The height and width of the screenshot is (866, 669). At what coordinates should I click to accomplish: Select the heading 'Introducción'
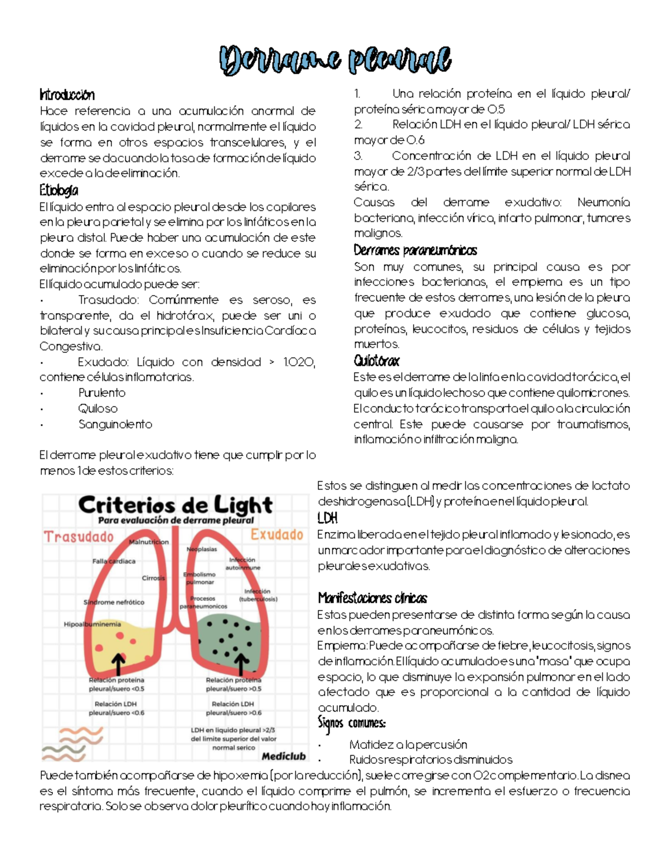(x=67, y=95)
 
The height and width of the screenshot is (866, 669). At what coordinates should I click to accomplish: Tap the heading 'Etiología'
(x=59, y=191)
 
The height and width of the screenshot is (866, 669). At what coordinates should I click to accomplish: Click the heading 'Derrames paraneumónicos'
(x=415, y=250)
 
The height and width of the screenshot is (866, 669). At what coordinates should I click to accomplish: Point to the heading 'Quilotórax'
(x=376, y=361)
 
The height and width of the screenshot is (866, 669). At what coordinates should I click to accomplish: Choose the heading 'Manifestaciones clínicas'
(x=372, y=598)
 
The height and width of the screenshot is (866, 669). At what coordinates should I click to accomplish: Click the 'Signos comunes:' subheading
(x=351, y=723)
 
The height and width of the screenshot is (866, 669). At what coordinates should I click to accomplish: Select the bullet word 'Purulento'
(x=101, y=393)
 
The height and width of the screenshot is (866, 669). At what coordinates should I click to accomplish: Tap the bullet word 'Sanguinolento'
(x=115, y=424)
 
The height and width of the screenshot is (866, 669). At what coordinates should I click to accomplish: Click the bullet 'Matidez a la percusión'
(x=408, y=744)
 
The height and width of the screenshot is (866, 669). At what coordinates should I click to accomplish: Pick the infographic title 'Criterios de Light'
(x=175, y=505)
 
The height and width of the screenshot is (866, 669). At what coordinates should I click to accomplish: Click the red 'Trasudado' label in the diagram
(x=79, y=536)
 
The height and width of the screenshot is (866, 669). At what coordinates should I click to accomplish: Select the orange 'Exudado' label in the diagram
(x=277, y=534)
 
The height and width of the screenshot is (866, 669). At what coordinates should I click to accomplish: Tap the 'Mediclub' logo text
(x=284, y=756)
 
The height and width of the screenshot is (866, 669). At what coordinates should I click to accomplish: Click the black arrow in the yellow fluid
(x=118, y=664)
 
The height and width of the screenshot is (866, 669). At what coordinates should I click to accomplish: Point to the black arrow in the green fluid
(x=241, y=664)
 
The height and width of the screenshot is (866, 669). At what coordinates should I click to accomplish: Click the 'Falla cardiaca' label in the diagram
(x=114, y=561)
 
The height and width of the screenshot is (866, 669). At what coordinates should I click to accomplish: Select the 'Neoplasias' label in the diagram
(x=202, y=549)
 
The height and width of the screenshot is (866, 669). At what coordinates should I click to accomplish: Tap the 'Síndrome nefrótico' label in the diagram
(x=114, y=602)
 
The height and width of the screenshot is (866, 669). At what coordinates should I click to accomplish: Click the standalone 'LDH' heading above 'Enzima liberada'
(x=327, y=518)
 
